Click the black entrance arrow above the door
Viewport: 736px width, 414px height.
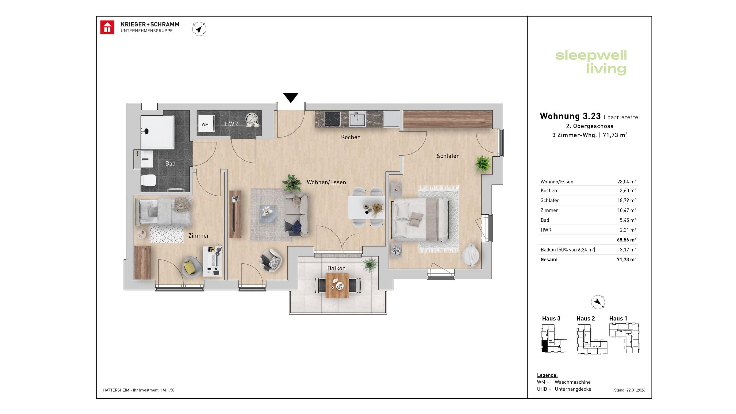[x=290, y=98]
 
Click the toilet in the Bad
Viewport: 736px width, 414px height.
[x=148, y=180]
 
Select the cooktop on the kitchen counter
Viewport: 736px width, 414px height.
[x=332, y=119]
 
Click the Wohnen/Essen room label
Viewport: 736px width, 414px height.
[x=326, y=182]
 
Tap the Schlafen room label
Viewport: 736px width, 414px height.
[x=448, y=156]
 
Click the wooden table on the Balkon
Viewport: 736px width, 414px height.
[x=337, y=286]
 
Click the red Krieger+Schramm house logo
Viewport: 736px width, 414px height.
[x=107, y=28]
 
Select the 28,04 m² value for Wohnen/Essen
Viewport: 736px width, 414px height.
[x=626, y=182]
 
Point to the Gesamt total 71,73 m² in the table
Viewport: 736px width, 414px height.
[x=626, y=259]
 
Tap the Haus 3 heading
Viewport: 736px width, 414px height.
[x=551, y=318]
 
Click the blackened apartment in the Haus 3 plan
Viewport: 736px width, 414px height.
[x=544, y=346]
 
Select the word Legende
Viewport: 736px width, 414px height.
[x=547, y=375]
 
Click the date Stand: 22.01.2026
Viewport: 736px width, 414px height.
[x=629, y=390]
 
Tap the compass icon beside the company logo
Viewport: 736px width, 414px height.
[x=199, y=29]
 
